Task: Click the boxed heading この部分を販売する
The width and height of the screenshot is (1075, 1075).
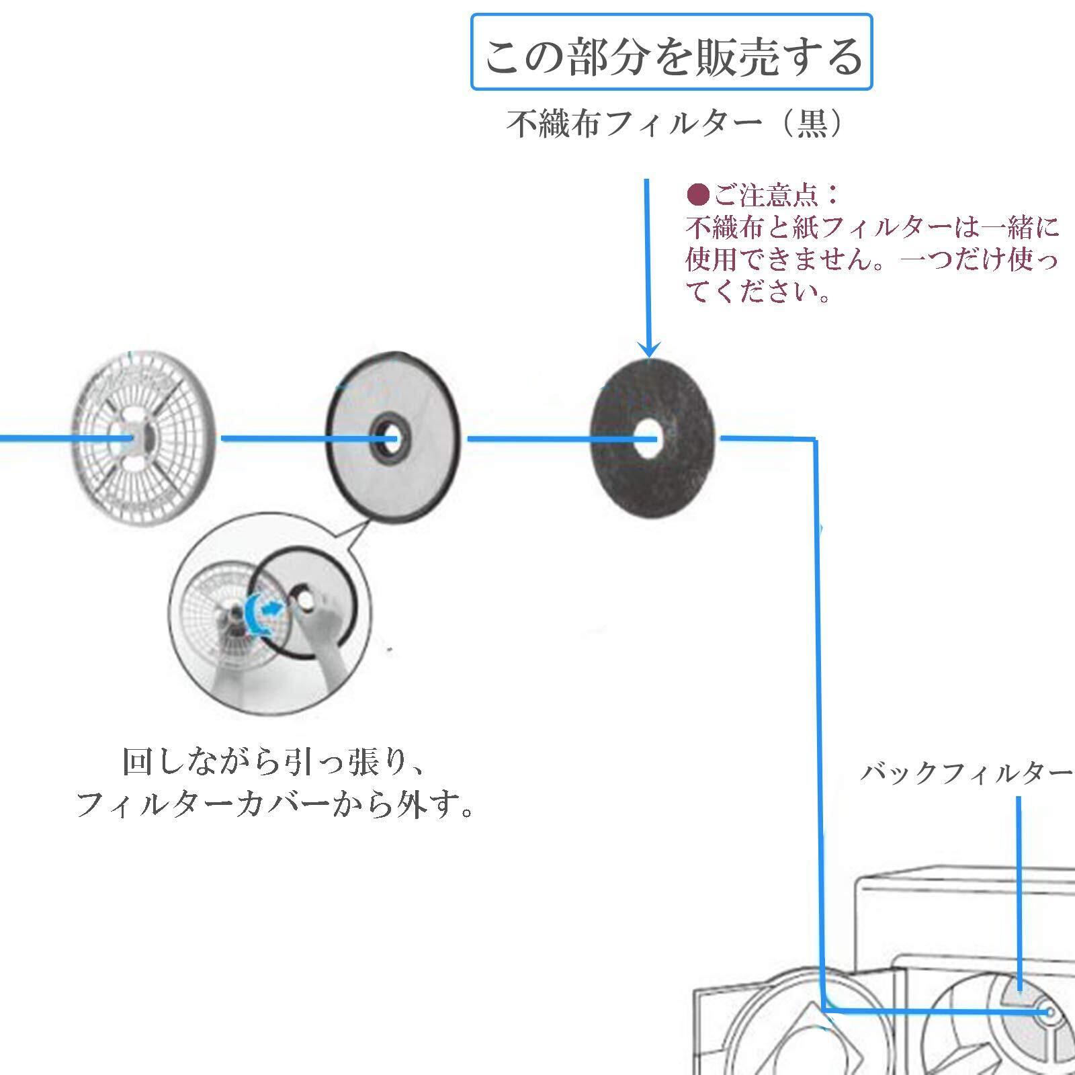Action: click(671, 52)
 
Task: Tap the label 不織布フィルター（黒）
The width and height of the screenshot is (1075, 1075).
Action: click(675, 124)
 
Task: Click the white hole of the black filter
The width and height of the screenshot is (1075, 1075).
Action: click(647, 439)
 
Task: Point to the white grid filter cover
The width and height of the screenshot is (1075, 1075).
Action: click(143, 438)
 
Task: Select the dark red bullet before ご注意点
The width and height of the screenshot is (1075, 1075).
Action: click(698, 196)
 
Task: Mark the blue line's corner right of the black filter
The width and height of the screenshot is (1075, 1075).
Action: click(815, 440)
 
